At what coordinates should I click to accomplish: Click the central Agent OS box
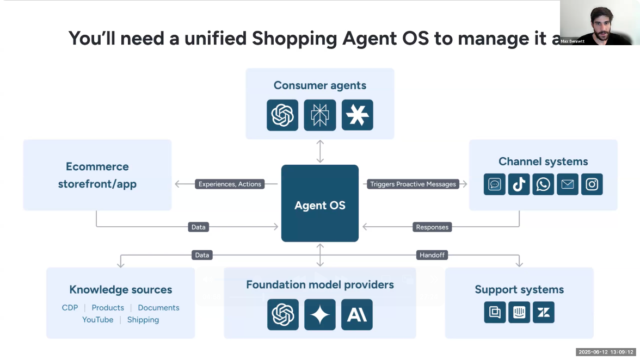[320, 203]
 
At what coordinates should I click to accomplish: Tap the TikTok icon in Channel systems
[519, 184]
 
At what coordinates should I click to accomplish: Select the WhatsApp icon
[543, 184]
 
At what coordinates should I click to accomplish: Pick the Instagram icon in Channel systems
[592, 184]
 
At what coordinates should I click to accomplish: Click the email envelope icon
[567, 184]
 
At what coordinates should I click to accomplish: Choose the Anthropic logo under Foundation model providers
[357, 314]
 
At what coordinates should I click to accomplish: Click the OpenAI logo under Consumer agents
[282, 115]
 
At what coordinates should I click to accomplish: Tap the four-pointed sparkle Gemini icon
[320, 314]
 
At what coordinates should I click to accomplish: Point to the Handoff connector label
[432, 255]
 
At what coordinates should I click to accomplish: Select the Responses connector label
[432, 227]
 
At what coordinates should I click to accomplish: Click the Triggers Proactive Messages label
[413, 184]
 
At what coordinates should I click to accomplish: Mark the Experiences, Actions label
[230, 184]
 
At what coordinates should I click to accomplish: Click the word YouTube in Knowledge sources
[98, 320]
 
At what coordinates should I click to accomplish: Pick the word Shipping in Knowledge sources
[143, 320]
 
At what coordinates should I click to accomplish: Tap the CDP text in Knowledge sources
[70, 308]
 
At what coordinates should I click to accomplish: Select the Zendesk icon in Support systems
[543, 312]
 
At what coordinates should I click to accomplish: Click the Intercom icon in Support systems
[519, 312]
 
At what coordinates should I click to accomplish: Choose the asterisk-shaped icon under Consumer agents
[358, 115]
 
